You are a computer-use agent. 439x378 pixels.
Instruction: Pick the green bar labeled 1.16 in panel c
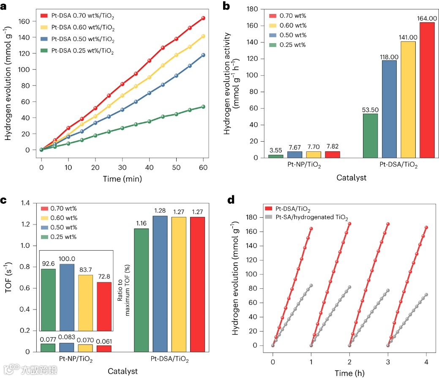(x=141, y=290)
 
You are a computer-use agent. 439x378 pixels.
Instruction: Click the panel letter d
(x=231, y=199)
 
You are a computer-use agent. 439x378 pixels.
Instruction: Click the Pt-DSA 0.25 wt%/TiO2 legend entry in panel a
(x=82, y=51)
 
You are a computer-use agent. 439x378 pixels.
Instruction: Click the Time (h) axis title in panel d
(x=349, y=373)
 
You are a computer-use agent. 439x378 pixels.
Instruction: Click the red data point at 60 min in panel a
(x=203, y=18)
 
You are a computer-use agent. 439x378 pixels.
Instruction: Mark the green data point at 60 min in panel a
(x=203, y=107)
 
